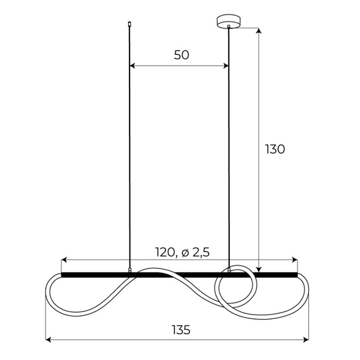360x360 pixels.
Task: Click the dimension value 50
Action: point(181,55)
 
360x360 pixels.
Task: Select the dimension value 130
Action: point(275,149)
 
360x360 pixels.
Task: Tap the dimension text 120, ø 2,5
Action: point(182,252)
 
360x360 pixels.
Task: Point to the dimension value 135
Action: point(181,330)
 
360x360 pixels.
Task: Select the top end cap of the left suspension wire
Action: point(129,25)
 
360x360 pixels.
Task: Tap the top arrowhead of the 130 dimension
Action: point(260,30)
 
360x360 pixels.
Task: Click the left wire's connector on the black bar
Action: point(129,272)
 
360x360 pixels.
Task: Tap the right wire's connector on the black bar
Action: point(228,272)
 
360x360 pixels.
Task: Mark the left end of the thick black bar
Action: point(63,275)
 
